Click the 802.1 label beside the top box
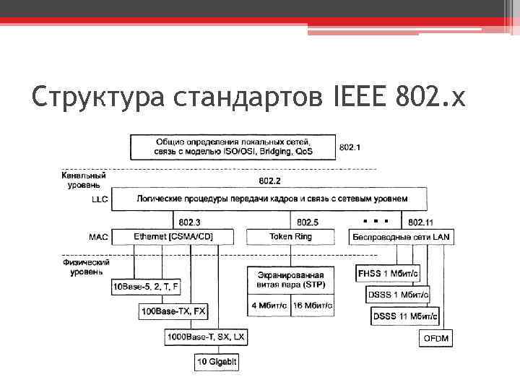[x=350, y=147]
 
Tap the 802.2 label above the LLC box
[x=270, y=181]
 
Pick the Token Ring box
[x=291, y=236]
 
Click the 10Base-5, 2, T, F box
[x=145, y=287]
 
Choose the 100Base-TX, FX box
[x=174, y=311]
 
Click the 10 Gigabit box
[x=217, y=360]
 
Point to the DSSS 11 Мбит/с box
[x=401, y=316]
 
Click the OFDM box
[x=436, y=338]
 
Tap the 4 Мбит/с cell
[x=269, y=305]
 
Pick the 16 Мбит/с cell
[x=313, y=305]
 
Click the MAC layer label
[x=99, y=236]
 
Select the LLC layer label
[x=100, y=199]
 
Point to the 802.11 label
[x=421, y=222]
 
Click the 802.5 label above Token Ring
[x=307, y=222]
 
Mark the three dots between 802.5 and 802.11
[x=376, y=219]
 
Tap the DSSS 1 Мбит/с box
[x=398, y=295]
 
